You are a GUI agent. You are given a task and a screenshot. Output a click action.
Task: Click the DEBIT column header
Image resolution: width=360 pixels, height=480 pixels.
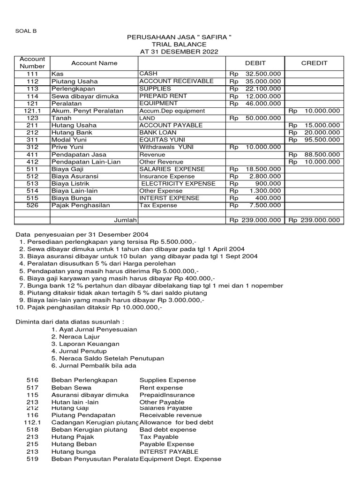[255, 63]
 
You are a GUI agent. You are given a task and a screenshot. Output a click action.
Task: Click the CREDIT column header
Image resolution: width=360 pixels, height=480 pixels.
[314, 63]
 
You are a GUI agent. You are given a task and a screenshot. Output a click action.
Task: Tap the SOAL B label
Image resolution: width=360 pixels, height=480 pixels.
[26, 31]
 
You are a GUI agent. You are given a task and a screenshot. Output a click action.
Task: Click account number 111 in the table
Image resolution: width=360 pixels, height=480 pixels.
[32, 74]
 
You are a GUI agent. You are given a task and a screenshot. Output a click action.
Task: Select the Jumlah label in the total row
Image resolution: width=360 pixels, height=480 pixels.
[125, 220]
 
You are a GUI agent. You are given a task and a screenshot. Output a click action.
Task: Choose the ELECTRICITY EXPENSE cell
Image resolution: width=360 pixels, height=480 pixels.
[178, 183]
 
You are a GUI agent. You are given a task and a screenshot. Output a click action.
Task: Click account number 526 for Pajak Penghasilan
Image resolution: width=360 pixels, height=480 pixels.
[32, 205]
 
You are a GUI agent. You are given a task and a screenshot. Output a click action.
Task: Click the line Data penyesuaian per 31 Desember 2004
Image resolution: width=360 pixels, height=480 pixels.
[82, 234]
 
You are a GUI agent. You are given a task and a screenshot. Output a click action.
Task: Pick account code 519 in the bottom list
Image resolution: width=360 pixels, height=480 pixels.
[32, 459]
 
